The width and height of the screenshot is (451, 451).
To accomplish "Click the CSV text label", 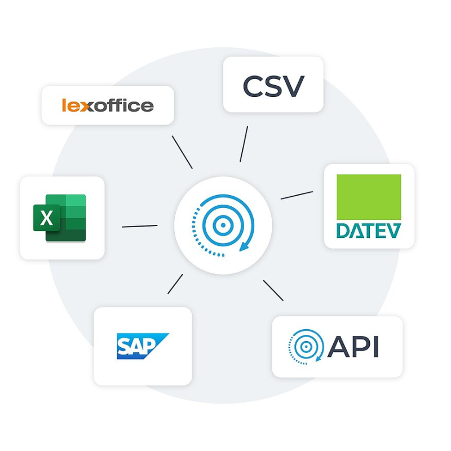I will pos(273,85).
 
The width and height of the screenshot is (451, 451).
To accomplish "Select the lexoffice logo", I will pos(108,105).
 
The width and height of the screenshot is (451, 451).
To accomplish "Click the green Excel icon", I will pos(60,218).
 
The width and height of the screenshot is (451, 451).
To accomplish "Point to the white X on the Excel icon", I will pos(47,218).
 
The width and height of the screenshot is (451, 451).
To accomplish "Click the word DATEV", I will pos(369,230).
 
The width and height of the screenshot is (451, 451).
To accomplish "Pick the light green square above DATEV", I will pos(369,197).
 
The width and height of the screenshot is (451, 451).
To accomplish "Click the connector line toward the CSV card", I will pos(244,144).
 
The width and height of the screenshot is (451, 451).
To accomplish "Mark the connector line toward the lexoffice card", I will pos(182,152).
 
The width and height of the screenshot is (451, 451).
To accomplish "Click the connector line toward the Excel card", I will pos(139,226).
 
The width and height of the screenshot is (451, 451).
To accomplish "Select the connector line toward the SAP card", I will pos(175,284).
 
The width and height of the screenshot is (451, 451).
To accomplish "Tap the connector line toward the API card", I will pos(273,290).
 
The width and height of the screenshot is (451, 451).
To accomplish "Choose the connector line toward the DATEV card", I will pos(297,195).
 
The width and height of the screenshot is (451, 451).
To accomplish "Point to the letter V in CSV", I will pos(293,85).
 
